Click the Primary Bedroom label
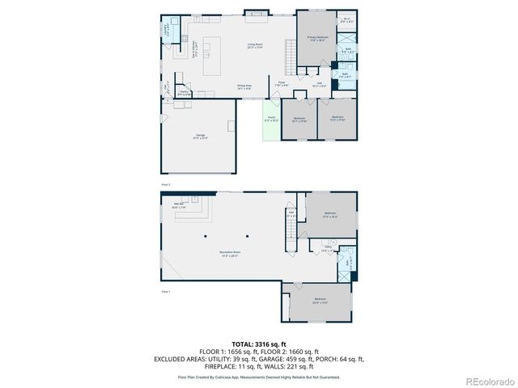pos(317,39)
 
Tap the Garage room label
pos(200,137)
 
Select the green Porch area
pos(270,121)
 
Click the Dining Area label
pos(244,86)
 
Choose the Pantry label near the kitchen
pos(185,95)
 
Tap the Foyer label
pos(282,83)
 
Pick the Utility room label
pos(328,250)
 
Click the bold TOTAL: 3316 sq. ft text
pos(259,343)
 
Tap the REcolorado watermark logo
pos(486,381)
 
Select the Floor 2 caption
pos(166,184)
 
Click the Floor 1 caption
pos(166,291)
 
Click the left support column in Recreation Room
pos(205,236)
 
